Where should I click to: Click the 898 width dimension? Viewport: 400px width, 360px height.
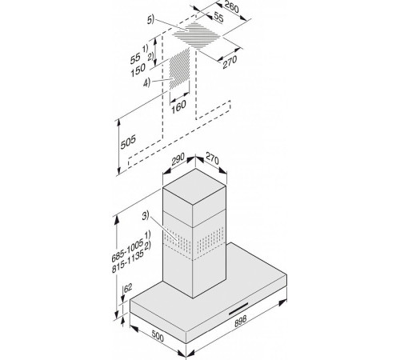coord(241,321)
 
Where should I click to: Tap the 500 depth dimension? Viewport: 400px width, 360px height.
coord(158,335)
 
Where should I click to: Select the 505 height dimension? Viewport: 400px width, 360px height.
coord(128,142)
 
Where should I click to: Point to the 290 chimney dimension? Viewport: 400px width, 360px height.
coord(178,159)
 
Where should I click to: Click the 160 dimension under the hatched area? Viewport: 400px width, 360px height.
coord(178,106)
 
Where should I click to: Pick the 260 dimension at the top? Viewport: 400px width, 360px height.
coord(231,6)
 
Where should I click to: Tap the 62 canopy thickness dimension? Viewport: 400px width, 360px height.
coord(128,288)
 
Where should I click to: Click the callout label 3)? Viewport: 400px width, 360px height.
coord(146,216)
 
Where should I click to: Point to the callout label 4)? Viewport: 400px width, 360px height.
coord(146,83)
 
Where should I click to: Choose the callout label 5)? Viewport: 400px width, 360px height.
coord(150,20)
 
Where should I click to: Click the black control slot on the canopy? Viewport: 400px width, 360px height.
coord(238,309)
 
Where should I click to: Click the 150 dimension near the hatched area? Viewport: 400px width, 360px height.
coord(138,70)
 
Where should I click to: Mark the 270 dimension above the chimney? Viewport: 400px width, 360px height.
coord(212,159)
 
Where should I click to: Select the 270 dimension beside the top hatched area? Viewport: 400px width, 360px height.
coord(230,62)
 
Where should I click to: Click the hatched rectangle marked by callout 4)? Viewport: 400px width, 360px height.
coord(180,69)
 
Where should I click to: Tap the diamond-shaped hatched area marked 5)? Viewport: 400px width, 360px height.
coord(197,35)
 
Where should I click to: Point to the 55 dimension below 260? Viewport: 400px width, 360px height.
coord(218,18)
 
